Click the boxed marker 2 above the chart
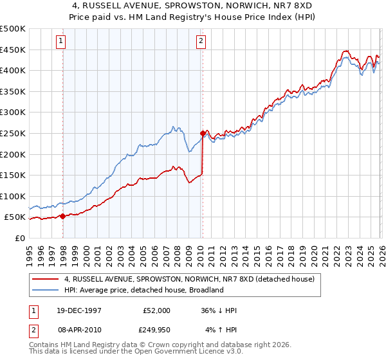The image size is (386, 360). coord(201,41)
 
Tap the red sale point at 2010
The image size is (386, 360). coord(203,134)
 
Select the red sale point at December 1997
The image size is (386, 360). coord(63,216)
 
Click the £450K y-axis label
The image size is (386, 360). coord(13,50)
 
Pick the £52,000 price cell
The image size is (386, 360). coord(156,310)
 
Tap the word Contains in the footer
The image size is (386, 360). coord(45,345)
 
